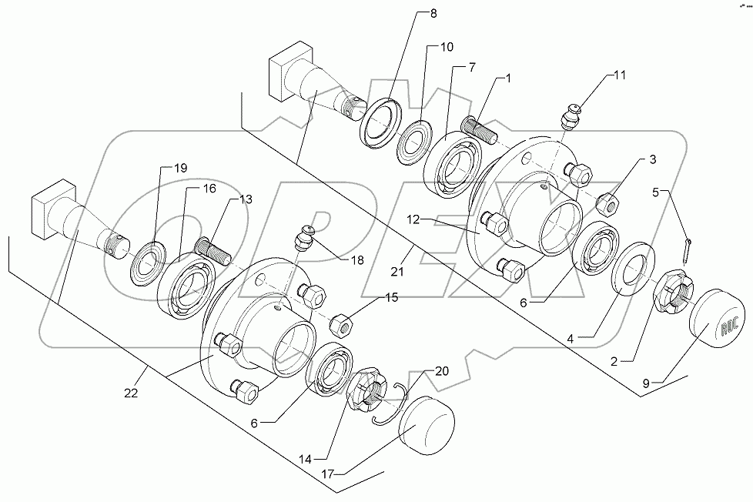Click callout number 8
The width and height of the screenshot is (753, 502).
[432, 14]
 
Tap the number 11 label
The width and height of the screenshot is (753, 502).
[621, 75]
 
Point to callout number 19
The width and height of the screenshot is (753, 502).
[179, 168]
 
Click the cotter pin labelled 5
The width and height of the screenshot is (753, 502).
[688, 249]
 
